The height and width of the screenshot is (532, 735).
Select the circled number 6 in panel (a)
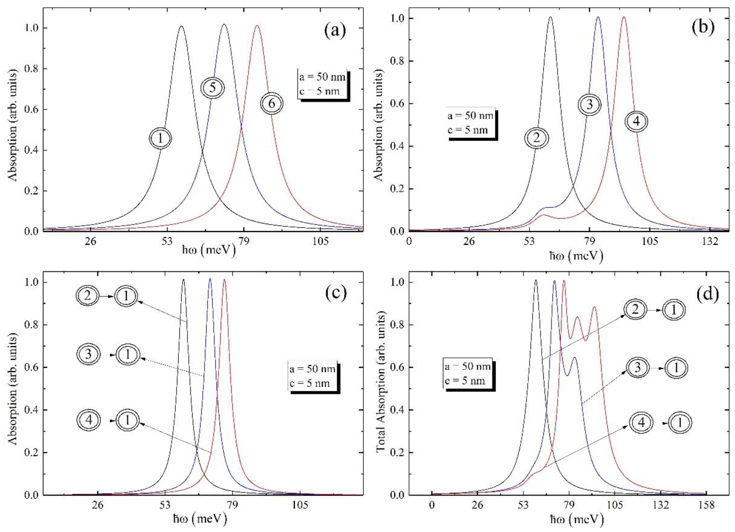click(x=272, y=103)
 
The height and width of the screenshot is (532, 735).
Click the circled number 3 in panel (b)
click(x=589, y=104)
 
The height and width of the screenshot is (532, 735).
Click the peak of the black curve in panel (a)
click(x=181, y=26)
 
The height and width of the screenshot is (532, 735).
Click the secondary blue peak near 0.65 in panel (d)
click(x=574, y=358)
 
